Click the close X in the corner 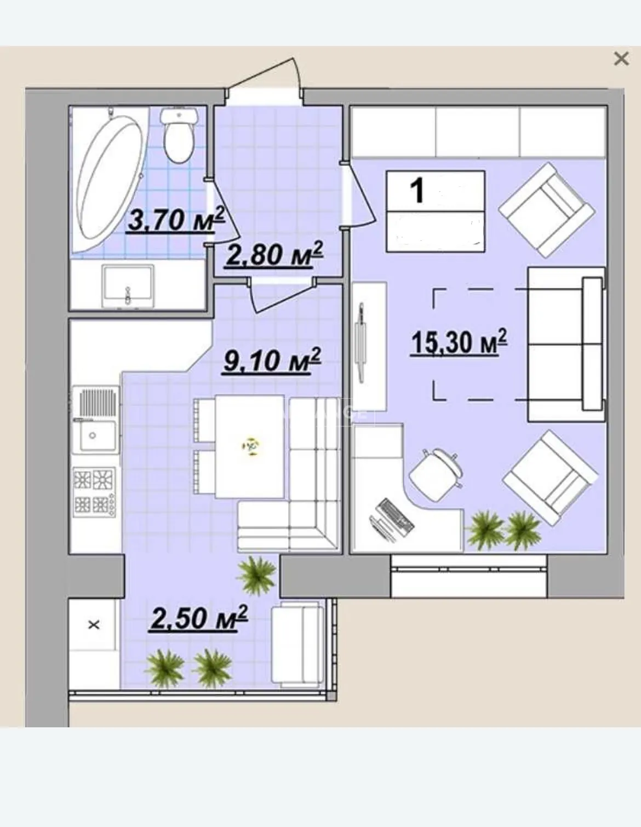pyautogui.click(x=621, y=59)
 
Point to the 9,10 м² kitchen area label pyautogui.click(x=272, y=360)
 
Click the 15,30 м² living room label pyautogui.click(x=459, y=342)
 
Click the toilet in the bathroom pyautogui.click(x=179, y=135)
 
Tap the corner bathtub pyautogui.click(x=109, y=180)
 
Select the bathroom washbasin pyautogui.click(x=128, y=286)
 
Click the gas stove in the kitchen pyautogui.click(x=94, y=492)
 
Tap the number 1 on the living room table pyautogui.click(x=417, y=191)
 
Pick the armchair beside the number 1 pyautogui.click(x=547, y=210)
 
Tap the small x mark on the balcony pyautogui.click(x=94, y=624)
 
